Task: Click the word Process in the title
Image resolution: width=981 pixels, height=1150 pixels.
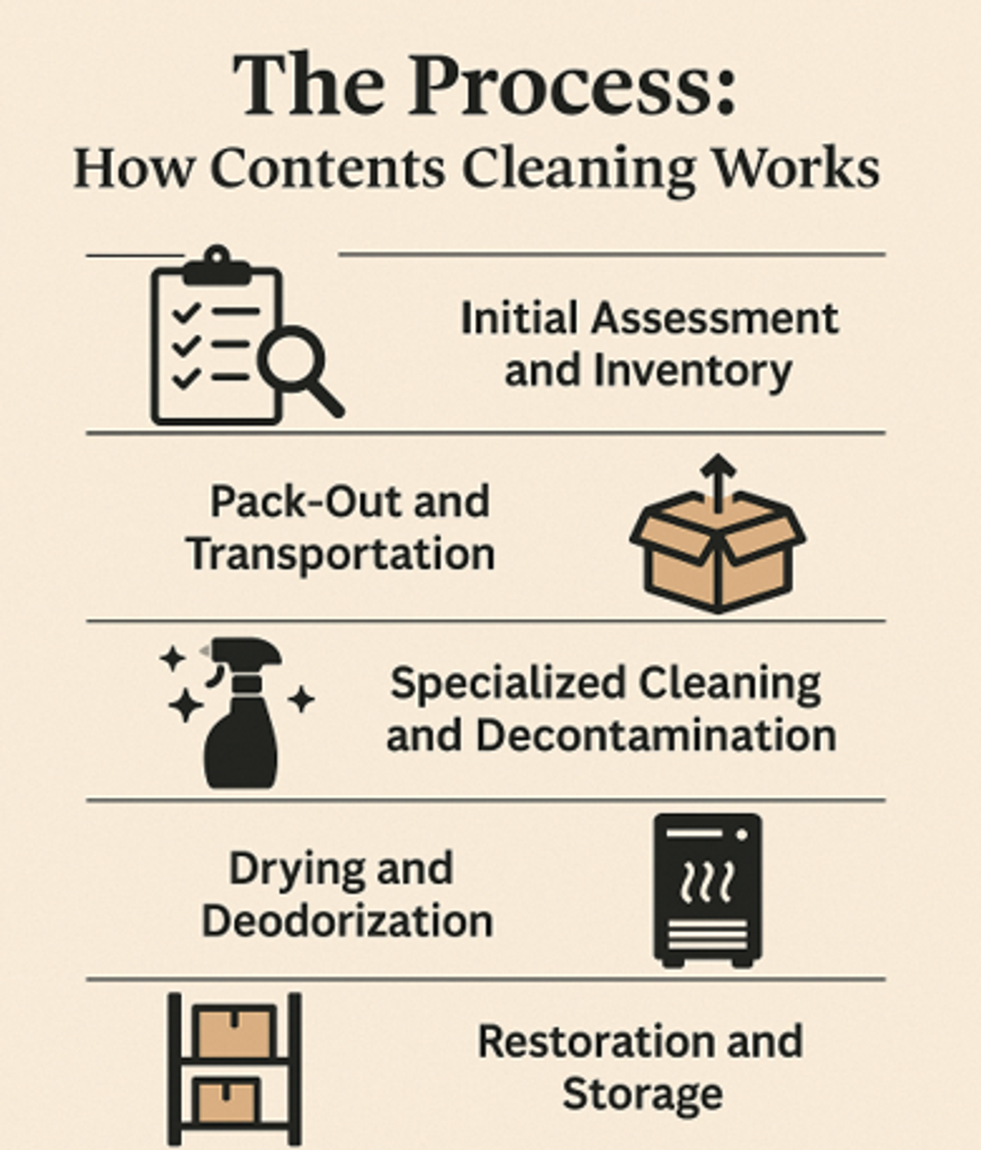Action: pyautogui.click(x=573, y=84)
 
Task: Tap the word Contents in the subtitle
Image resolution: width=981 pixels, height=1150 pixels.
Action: pyautogui.click(x=328, y=168)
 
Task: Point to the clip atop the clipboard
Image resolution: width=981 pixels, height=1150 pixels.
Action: pyautogui.click(x=217, y=265)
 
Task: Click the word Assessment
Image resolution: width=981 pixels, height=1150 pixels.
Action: pyautogui.click(x=714, y=319)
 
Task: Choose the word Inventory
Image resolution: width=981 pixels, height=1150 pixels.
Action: pyautogui.click(x=692, y=371)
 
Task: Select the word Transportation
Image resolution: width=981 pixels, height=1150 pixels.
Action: pyautogui.click(x=341, y=554)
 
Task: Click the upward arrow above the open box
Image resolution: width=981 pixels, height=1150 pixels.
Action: pyautogui.click(x=718, y=482)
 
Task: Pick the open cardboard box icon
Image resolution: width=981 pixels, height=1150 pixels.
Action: pyautogui.click(x=718, y=550)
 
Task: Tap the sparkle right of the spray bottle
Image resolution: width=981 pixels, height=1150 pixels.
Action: pyautogui.click(x=302, y=699)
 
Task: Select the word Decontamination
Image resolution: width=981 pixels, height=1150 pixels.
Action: pyautogui.click(x=656, y=735)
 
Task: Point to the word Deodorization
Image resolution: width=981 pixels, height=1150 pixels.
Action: pyautogui.click(x=347, y=921)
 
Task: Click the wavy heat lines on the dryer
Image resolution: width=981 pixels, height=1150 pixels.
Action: pyautogui.click(x=707, y=883)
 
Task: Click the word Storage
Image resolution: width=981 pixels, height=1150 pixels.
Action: pyautogui.click(x=643, y=1095)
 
